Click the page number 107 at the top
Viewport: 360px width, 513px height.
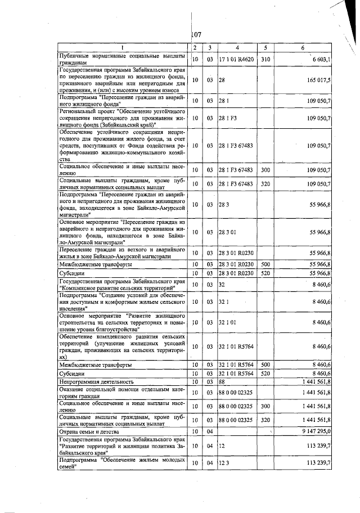(196, 35)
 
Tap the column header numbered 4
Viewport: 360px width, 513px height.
(237, 47)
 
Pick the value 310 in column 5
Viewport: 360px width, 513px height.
(266, 58)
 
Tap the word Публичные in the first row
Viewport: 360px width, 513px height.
(75, 55)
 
